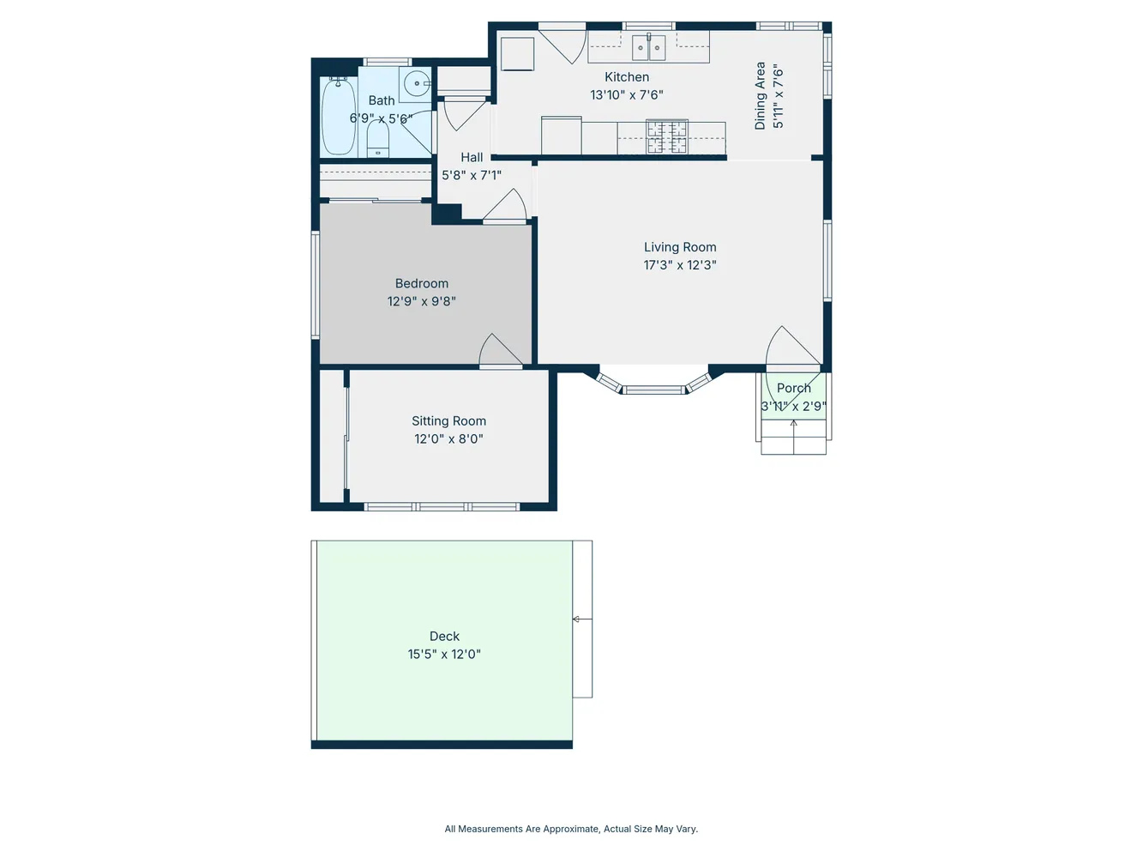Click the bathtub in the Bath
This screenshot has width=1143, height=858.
pyautogui.click(x=338, y=118)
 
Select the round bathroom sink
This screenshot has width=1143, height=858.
pyautogui.click(x=417, y=84)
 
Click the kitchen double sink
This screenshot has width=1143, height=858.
pyautogui.click(x=648, y=48)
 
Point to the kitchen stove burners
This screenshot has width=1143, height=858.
pyautogui.click(x=666, y=137)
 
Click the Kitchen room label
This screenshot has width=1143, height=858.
pyautogui.click(x=627, y=77)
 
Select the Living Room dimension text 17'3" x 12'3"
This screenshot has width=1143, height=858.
pyautogui.click(x=680, y=265)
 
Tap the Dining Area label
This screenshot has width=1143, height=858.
pyautogui.click(x=760, y=95)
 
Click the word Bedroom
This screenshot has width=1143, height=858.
pyautogui.click(x=422, y=284)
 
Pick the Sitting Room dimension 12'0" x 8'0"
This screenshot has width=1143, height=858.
pyautogui.click(x=448, y=439)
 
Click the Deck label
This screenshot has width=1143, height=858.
pyautogui.click(x=444, y=637)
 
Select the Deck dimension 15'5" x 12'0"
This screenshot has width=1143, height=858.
pyautogui.click(x=444, y=655)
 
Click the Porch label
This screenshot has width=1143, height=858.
pyautogui.click(x=793, y=389)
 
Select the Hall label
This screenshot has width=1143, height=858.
pyautogui.click(x=472, y=158)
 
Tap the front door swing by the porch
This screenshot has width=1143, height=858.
pyautogui.click(x=790, y=347)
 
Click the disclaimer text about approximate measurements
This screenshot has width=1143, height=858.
pyautogui.click(x=571, y=829)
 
